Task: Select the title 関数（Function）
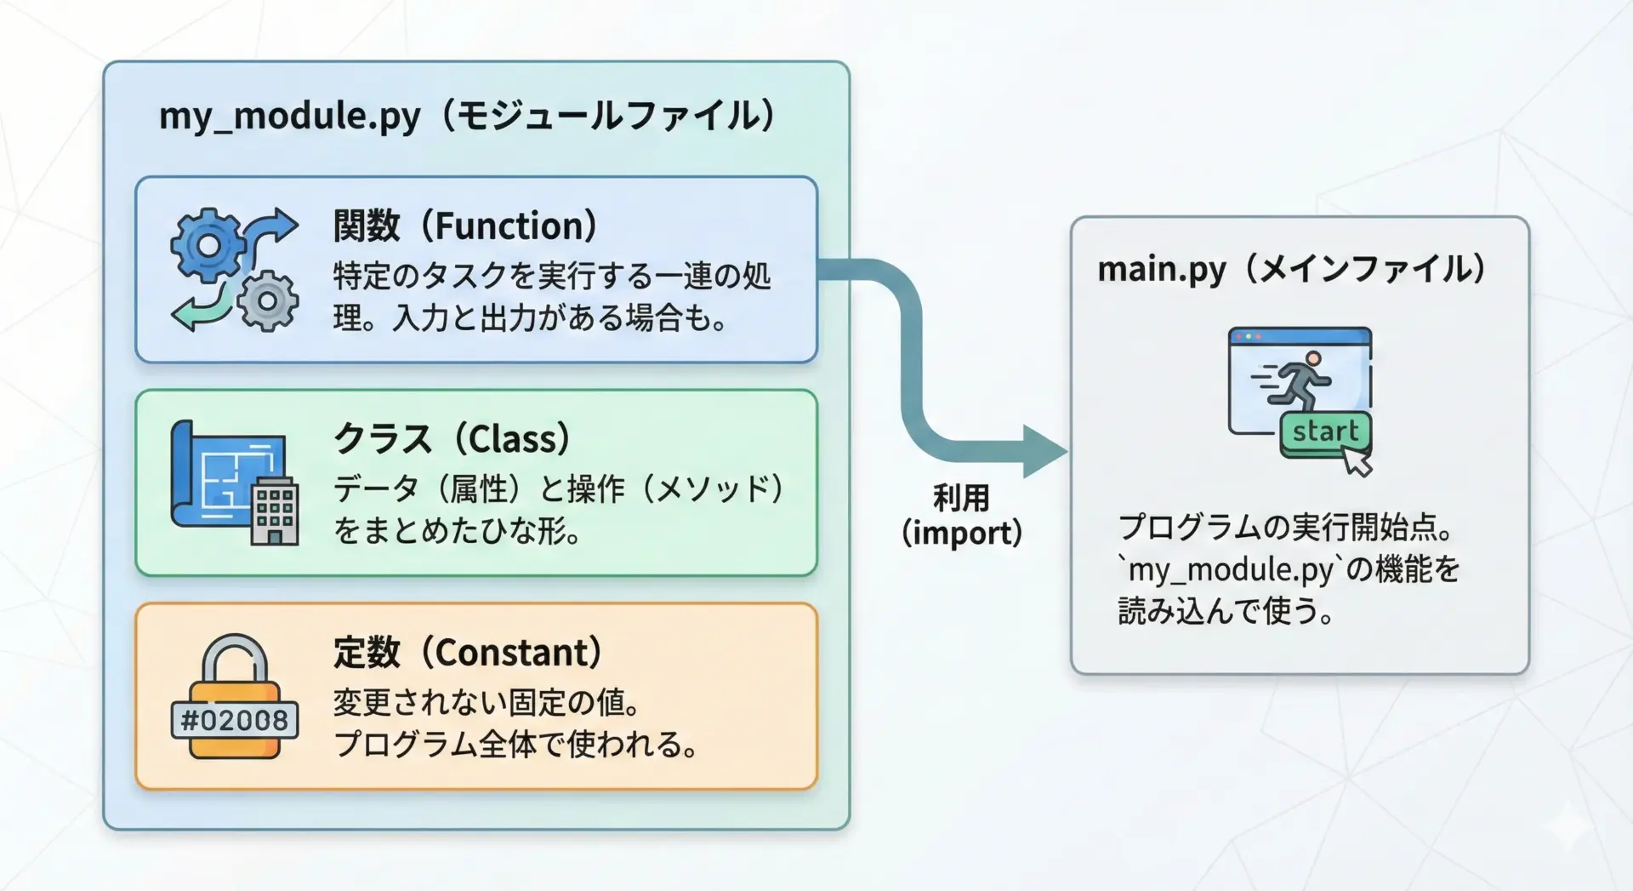click(464, 226)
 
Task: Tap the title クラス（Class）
click(451, 438)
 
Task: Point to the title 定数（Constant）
click(467, 652)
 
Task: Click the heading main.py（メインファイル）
click(1291, 269)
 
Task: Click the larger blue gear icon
click(207, 246)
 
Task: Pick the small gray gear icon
click(267, 300)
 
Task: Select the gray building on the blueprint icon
click(275, 510)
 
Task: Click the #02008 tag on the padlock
click(235, 720)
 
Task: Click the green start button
click(1325, 432)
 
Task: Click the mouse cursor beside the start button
click(1357, 462)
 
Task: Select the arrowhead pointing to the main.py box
click(1045, 451)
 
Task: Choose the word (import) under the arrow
click(961, 533)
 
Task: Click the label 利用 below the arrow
click(961, 498)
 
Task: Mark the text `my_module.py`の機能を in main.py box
click(1289, 569)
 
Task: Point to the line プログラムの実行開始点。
click(1286, 528)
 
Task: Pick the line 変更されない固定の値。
click(487, 702)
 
